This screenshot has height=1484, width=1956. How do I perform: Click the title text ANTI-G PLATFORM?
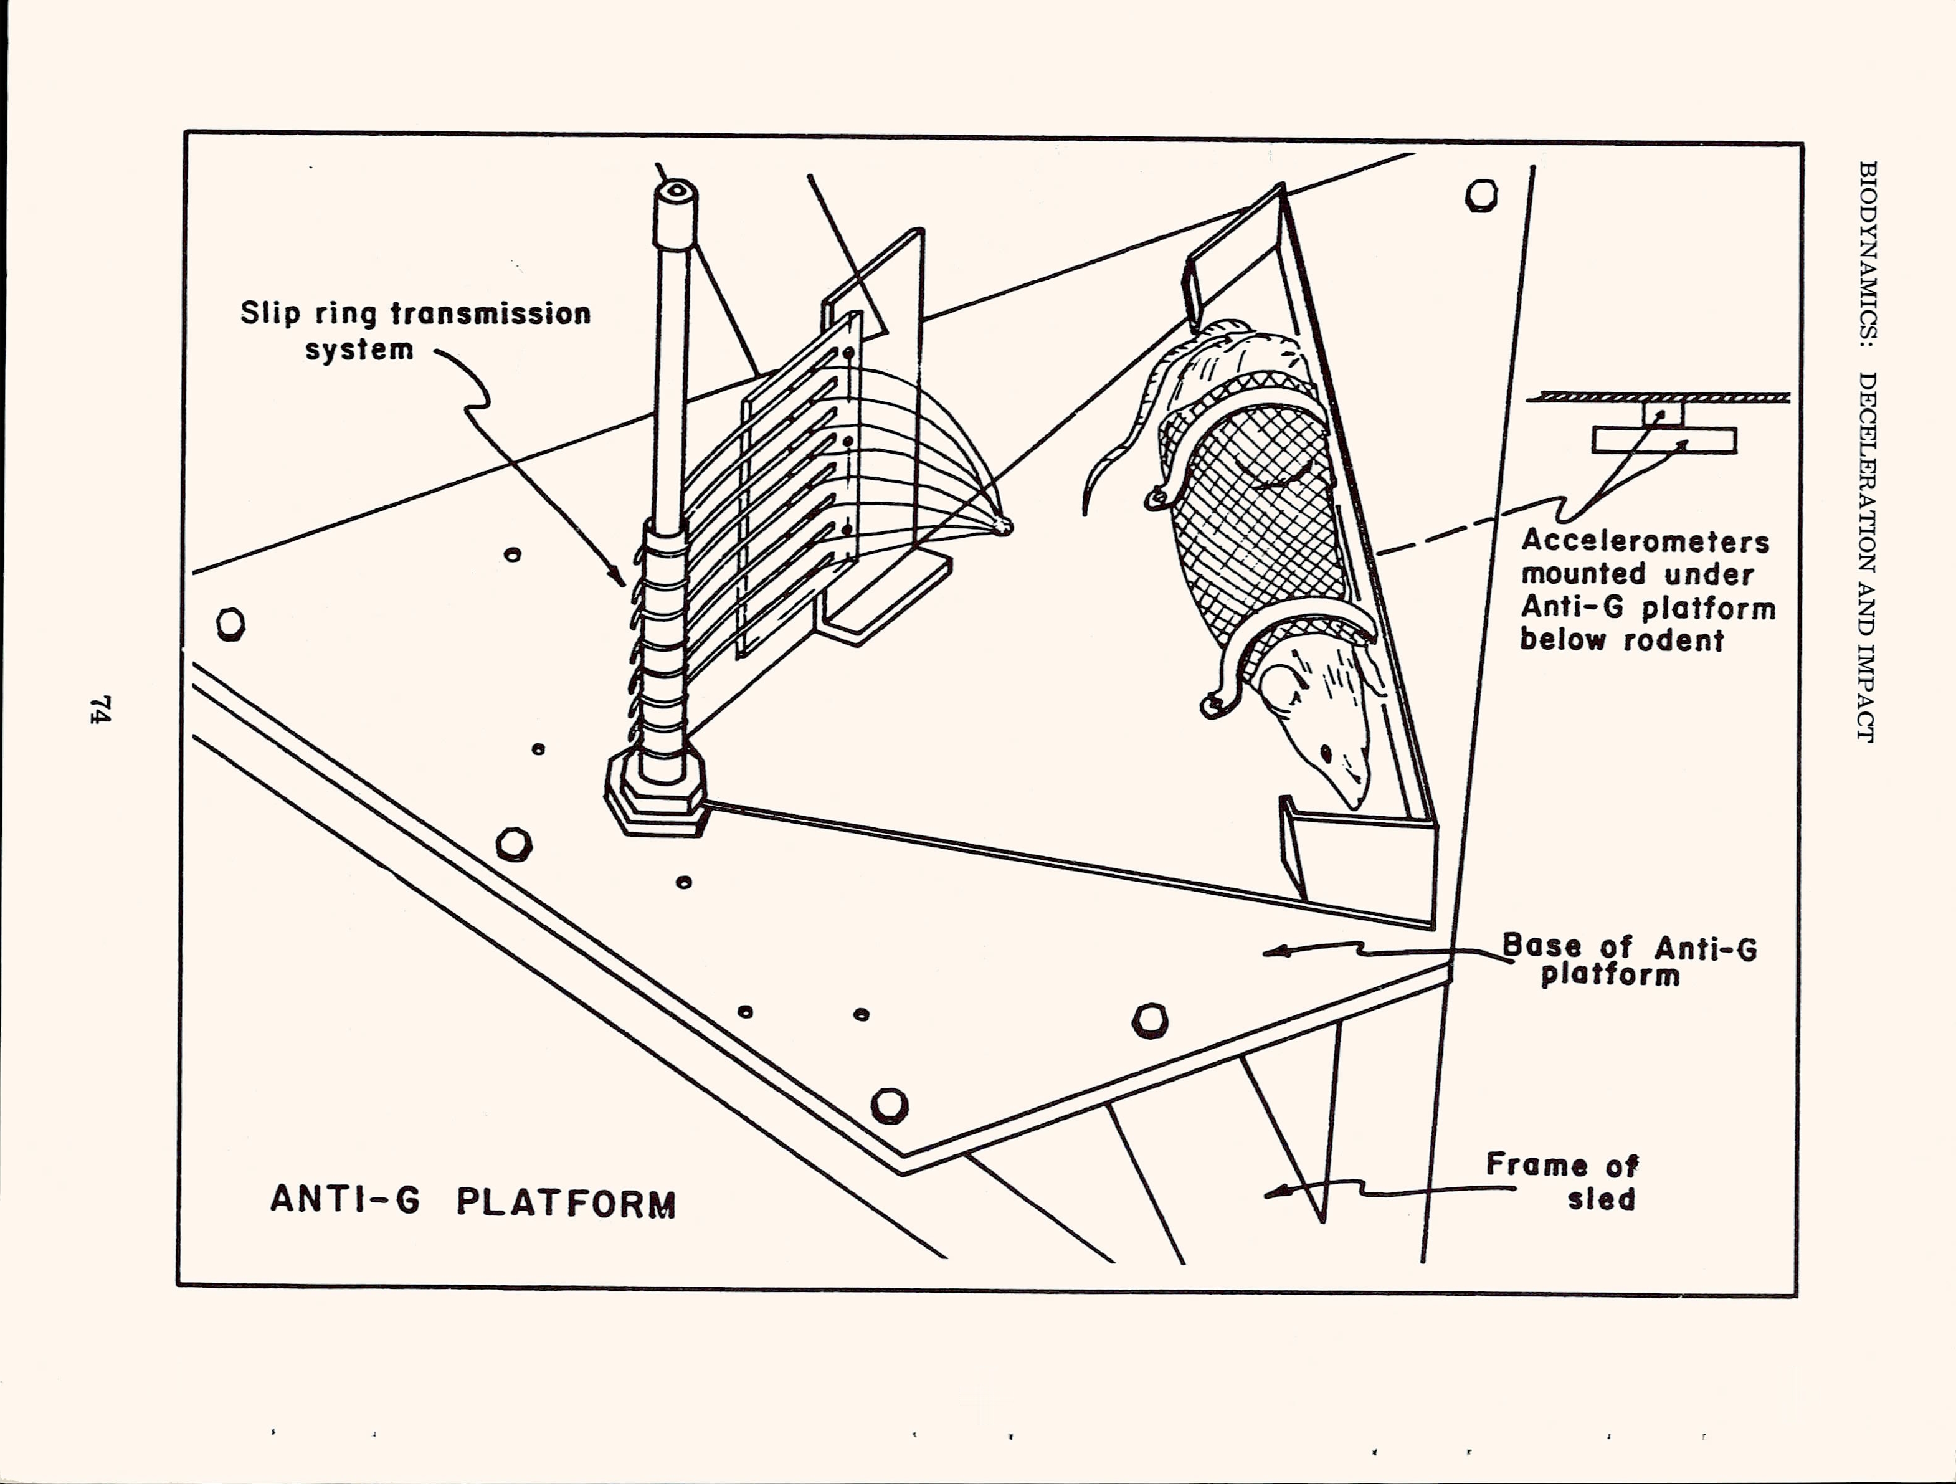pyautogui.click(x=473, y=1203)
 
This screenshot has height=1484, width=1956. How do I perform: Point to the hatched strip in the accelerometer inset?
pyautogui.click(x=1658, y=398)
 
